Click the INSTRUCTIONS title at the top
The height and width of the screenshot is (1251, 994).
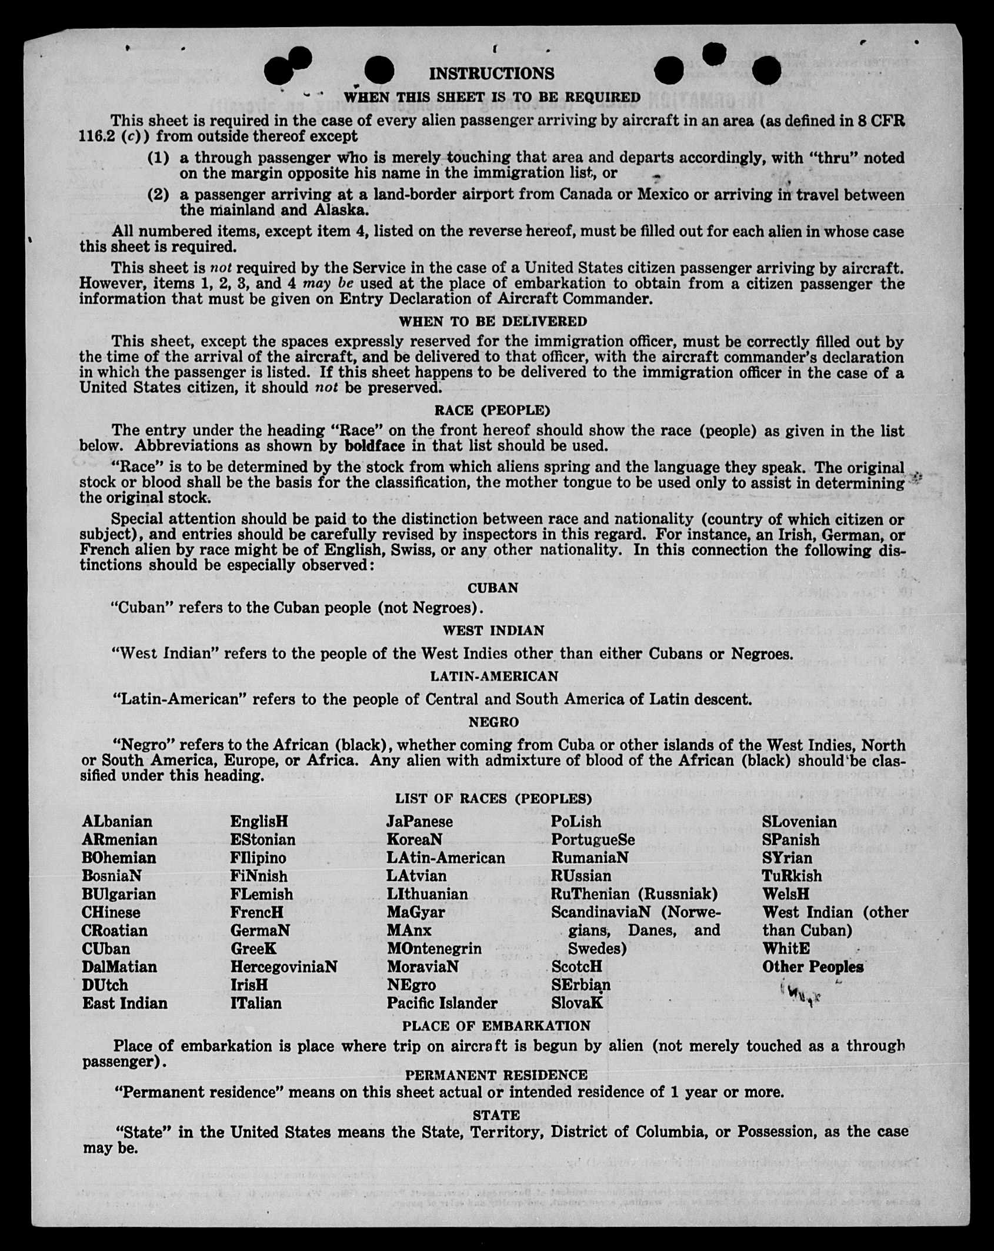(491, 74)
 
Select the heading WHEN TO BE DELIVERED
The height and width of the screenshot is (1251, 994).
(493, 321)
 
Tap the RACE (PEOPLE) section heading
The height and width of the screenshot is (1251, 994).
(492, 409)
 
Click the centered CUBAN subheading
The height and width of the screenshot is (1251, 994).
(493, 588)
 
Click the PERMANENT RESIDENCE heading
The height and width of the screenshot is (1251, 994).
(496, 1075)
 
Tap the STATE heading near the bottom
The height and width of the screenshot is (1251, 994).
(496, 1115)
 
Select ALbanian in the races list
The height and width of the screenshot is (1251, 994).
(117, 821)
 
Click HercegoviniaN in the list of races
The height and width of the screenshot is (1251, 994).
(283, 966)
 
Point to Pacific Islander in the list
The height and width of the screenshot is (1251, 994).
(442, 1003)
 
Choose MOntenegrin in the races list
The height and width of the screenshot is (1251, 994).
(434, 948)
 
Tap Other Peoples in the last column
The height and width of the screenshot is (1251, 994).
(813, 966)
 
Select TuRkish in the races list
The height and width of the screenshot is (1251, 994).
(792, 876)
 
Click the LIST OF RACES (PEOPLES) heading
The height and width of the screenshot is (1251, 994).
(493, 798)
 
